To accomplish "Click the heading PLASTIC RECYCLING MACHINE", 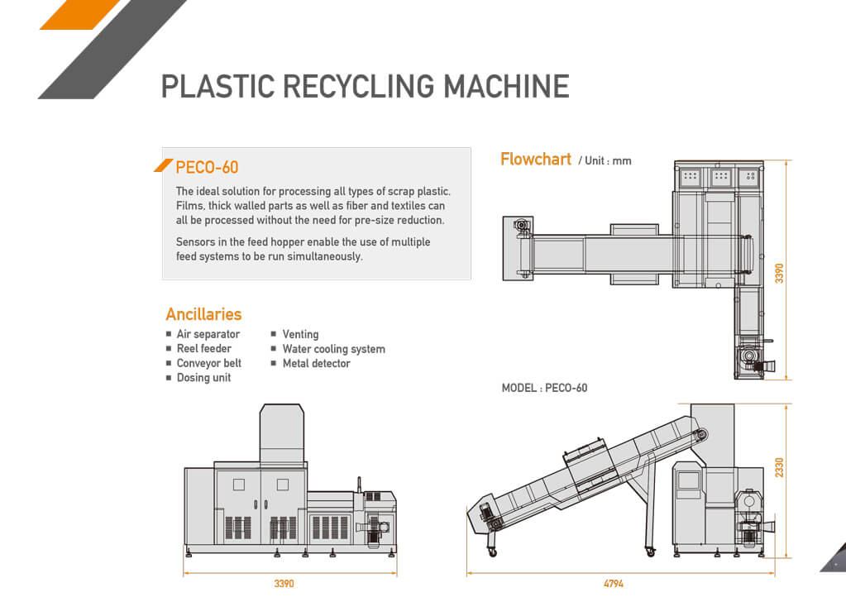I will (x=365, y=86).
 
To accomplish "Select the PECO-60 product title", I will (x=207, y=167).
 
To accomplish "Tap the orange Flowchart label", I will (x=535, y=159).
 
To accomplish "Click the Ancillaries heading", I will (x=203, y=314).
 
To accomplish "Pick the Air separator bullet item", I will (x=208, y=334).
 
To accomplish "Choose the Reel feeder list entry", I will (x=203, y=348).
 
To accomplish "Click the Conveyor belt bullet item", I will (x=208, y=363).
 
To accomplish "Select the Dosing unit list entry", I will (x=203, y=378).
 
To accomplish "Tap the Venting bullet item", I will (x=300, y=334).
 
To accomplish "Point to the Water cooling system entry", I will (x=333, y=349).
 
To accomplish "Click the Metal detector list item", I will (x=316, y=363).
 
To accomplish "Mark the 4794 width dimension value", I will (x=613, y=584).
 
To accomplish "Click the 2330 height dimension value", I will (x=779, y=467).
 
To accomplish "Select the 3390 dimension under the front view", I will (x=284, y=584).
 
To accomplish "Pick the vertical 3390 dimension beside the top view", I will (x=779, y=274).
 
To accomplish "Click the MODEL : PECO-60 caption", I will (x=544, y=388).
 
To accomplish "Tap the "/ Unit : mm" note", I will (x=605, y=160).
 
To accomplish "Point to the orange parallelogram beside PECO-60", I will (x=164, y=166).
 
